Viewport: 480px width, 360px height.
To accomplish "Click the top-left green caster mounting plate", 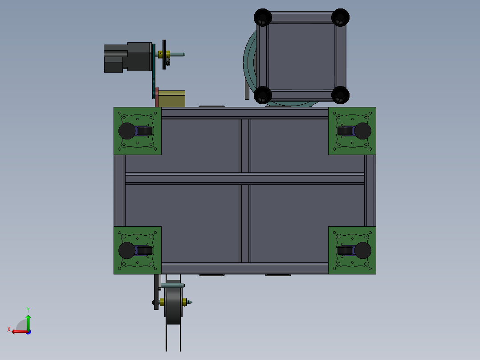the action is point(138,131).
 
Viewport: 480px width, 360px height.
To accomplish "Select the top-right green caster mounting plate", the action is point(352,131).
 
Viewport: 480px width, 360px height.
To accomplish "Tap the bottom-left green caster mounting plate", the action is point(138,250).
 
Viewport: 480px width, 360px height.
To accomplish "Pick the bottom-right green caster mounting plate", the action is point(352,250).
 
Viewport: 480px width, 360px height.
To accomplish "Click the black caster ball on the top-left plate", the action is point(127,131).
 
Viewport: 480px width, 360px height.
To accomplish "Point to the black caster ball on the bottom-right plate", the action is point(363,250).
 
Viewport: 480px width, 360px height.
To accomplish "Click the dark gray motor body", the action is point(128,57).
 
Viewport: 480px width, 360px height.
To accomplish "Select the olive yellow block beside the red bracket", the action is point(172,98).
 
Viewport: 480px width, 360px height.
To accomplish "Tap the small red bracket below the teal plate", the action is point(157,97).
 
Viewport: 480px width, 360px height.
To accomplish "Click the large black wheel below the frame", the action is point(173,302).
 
